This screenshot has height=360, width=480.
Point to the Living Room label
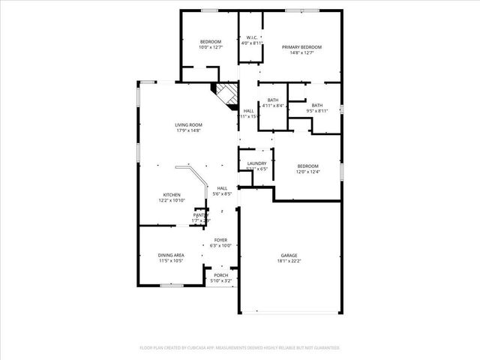click(x=188, y=125)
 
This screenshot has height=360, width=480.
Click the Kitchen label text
click(x=172, y=194)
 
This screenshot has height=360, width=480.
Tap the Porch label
click(x=221, y=275)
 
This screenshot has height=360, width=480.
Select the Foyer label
click(x=221, y=240)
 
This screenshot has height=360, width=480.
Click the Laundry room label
click(x=257, y=163)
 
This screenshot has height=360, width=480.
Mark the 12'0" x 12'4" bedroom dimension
click(x=307, y=172)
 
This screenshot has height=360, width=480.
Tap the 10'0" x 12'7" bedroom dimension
click(x=210, y=47)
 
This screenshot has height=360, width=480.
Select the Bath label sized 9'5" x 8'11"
click(x=317, y=105)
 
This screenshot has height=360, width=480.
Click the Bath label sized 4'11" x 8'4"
click(x=273, y=100)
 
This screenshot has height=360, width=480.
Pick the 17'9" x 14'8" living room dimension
click(x=188, y=130)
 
